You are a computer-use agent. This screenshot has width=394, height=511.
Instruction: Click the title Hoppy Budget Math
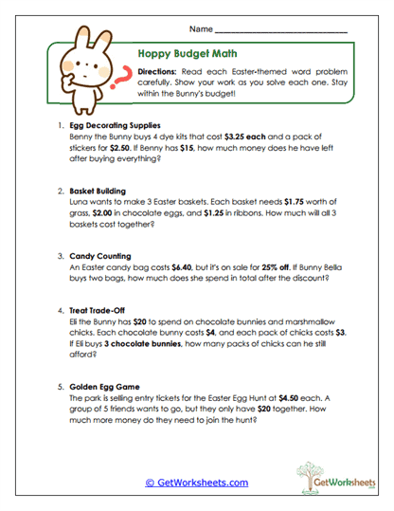[x=191, y=55]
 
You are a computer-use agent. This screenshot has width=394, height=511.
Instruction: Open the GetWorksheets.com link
[x=196, y=483]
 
